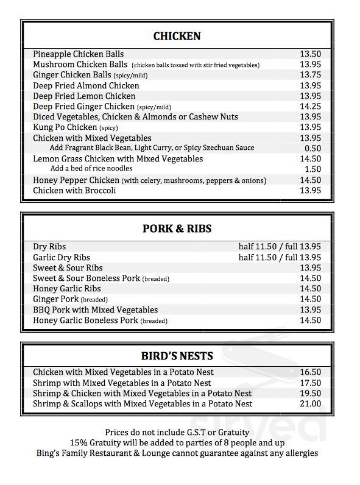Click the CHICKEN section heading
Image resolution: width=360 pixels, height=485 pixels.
coord(177,37)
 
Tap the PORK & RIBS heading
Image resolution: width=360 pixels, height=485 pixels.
coord(177,229)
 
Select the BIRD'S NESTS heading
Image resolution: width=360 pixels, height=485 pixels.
coord(177,356)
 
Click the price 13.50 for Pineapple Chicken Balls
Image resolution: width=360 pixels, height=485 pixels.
coord(310,54)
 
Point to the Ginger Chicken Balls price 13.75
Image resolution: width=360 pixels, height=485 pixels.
coord(310,75)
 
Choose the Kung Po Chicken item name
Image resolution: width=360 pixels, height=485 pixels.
coord(65,127)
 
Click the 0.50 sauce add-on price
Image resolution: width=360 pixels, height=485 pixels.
coord(312,148)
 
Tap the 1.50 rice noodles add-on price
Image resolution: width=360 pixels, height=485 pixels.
coord(312,169)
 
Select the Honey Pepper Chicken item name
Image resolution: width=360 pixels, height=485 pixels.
coord(76,180)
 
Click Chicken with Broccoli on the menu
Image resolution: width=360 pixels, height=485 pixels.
coord(74,191)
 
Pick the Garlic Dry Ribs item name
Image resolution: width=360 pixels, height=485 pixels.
coord(62,258)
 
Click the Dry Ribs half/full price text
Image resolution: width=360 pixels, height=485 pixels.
coord(280,247)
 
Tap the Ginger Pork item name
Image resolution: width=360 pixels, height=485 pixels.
coord(57,299)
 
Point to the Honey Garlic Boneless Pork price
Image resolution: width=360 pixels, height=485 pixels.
coord(310,320)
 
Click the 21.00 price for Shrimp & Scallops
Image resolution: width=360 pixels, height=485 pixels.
coord(310,404)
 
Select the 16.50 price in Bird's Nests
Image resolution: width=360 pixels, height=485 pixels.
coord(310,372)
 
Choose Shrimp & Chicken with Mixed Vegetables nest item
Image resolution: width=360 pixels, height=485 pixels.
coord(142,394)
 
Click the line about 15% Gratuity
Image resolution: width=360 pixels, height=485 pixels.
coord(177,442)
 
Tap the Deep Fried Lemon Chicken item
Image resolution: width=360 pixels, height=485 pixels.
coord(84,96)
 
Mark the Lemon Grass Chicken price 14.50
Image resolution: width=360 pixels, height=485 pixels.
coord(310,159)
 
